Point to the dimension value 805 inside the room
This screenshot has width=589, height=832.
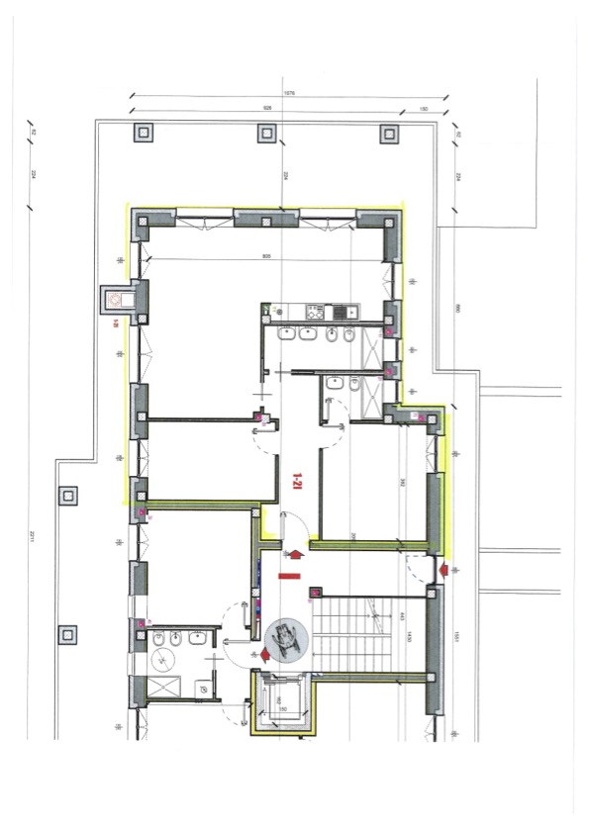266,256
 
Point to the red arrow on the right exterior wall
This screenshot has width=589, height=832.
444,569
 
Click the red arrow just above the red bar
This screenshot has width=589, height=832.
294,549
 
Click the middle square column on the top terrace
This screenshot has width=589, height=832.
265,133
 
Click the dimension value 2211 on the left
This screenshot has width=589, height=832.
32,537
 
